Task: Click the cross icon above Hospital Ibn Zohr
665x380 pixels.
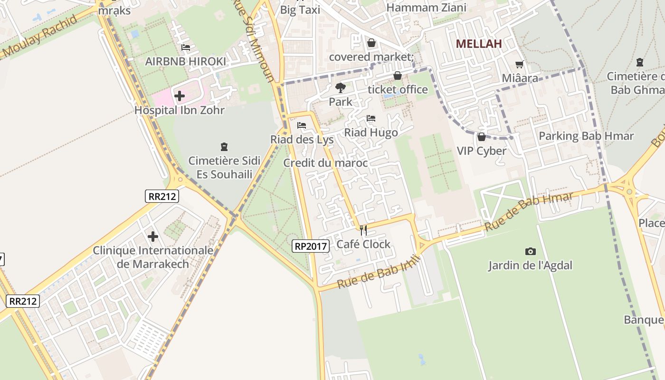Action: click(x=180, y=96)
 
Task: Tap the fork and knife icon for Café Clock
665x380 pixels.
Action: click(x=363, y=231)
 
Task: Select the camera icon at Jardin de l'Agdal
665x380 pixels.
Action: click(x=530, y=251)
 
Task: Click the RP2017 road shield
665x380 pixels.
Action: click(x=311, y=246)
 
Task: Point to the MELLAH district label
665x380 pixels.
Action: click(x=479, y=44)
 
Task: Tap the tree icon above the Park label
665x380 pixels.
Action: click(x=340, y=87)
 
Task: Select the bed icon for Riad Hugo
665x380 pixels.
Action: click(x=371, y=118)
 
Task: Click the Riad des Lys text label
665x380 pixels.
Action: click(x=302, y=140)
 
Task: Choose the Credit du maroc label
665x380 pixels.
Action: click(x=325, y=163)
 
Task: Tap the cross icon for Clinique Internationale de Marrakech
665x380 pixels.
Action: click(x=153, y=237)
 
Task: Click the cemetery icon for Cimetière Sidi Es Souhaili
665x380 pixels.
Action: click(x=224, y=147)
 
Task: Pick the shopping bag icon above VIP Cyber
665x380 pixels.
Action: click(x=482, y=137)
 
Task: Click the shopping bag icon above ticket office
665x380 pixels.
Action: click(x=398, y=76)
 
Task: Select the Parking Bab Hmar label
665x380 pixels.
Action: click(x=586, y=136)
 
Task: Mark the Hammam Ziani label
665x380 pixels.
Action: click(x=426, y=8)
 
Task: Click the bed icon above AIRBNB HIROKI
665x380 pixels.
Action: click(x=186, y=47)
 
